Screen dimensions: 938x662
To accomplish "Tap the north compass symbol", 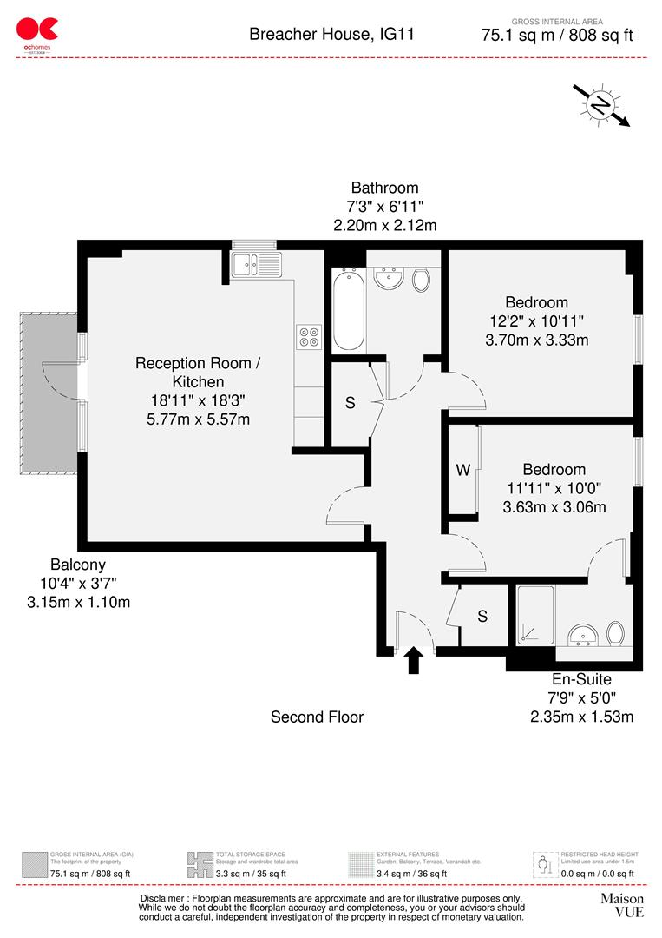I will click(600, 105).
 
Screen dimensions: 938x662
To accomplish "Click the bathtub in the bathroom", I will click(349, 309).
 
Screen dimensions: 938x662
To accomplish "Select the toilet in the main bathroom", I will click(422, 280).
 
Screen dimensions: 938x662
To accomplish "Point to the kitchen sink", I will click(255, 261).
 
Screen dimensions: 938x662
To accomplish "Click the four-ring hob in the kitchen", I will click(309, 336).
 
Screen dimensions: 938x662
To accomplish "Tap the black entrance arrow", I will click(414, 659).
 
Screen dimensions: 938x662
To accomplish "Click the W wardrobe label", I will click(463, 470).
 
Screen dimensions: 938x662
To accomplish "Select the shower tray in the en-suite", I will click(536, 616).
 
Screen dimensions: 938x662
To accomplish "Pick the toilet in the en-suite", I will click(617, 632).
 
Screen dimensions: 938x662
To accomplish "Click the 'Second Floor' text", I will click(317, 717).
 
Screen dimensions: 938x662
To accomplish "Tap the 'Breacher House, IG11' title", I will click(331, 35).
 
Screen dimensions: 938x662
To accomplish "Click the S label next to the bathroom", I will click(350, 404).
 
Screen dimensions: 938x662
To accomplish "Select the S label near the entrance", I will click(482, 616).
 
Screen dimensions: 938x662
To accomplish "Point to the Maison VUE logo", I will click(622, 905).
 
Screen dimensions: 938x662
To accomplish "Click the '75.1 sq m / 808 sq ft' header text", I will click(557, 36).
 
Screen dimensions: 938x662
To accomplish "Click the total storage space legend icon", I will click(200, 864).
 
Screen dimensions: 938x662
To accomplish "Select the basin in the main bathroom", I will click(387, 279).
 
